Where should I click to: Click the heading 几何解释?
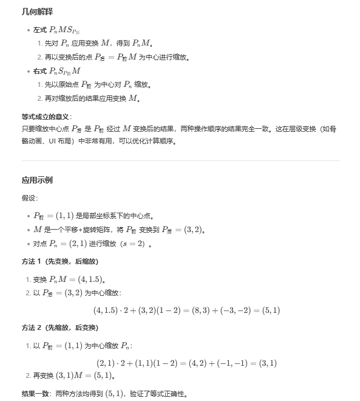[36, 12]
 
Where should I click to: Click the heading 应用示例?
[37, 180]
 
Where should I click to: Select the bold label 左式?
[40, 30]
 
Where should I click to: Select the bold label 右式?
[40, 71]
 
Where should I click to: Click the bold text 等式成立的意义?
[46, 116]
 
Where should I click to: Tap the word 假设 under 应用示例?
[29, 198]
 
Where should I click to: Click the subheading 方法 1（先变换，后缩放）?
[59, 261]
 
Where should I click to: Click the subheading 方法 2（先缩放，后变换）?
[59, 327]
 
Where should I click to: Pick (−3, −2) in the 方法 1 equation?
[237, 310]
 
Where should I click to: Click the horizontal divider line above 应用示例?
[180, 161]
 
